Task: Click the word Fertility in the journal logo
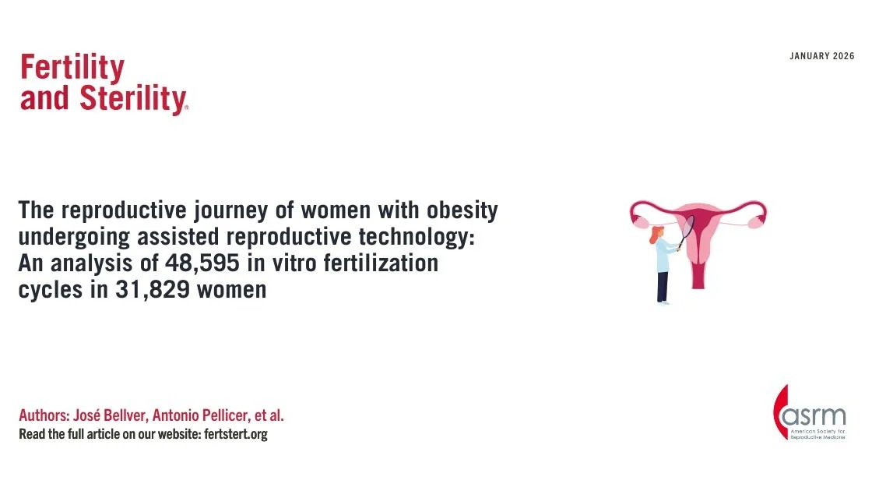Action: click(x=72, y=69)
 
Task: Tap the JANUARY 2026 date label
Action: click(x=821, y=56)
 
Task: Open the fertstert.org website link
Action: click(x=234, y=434)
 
